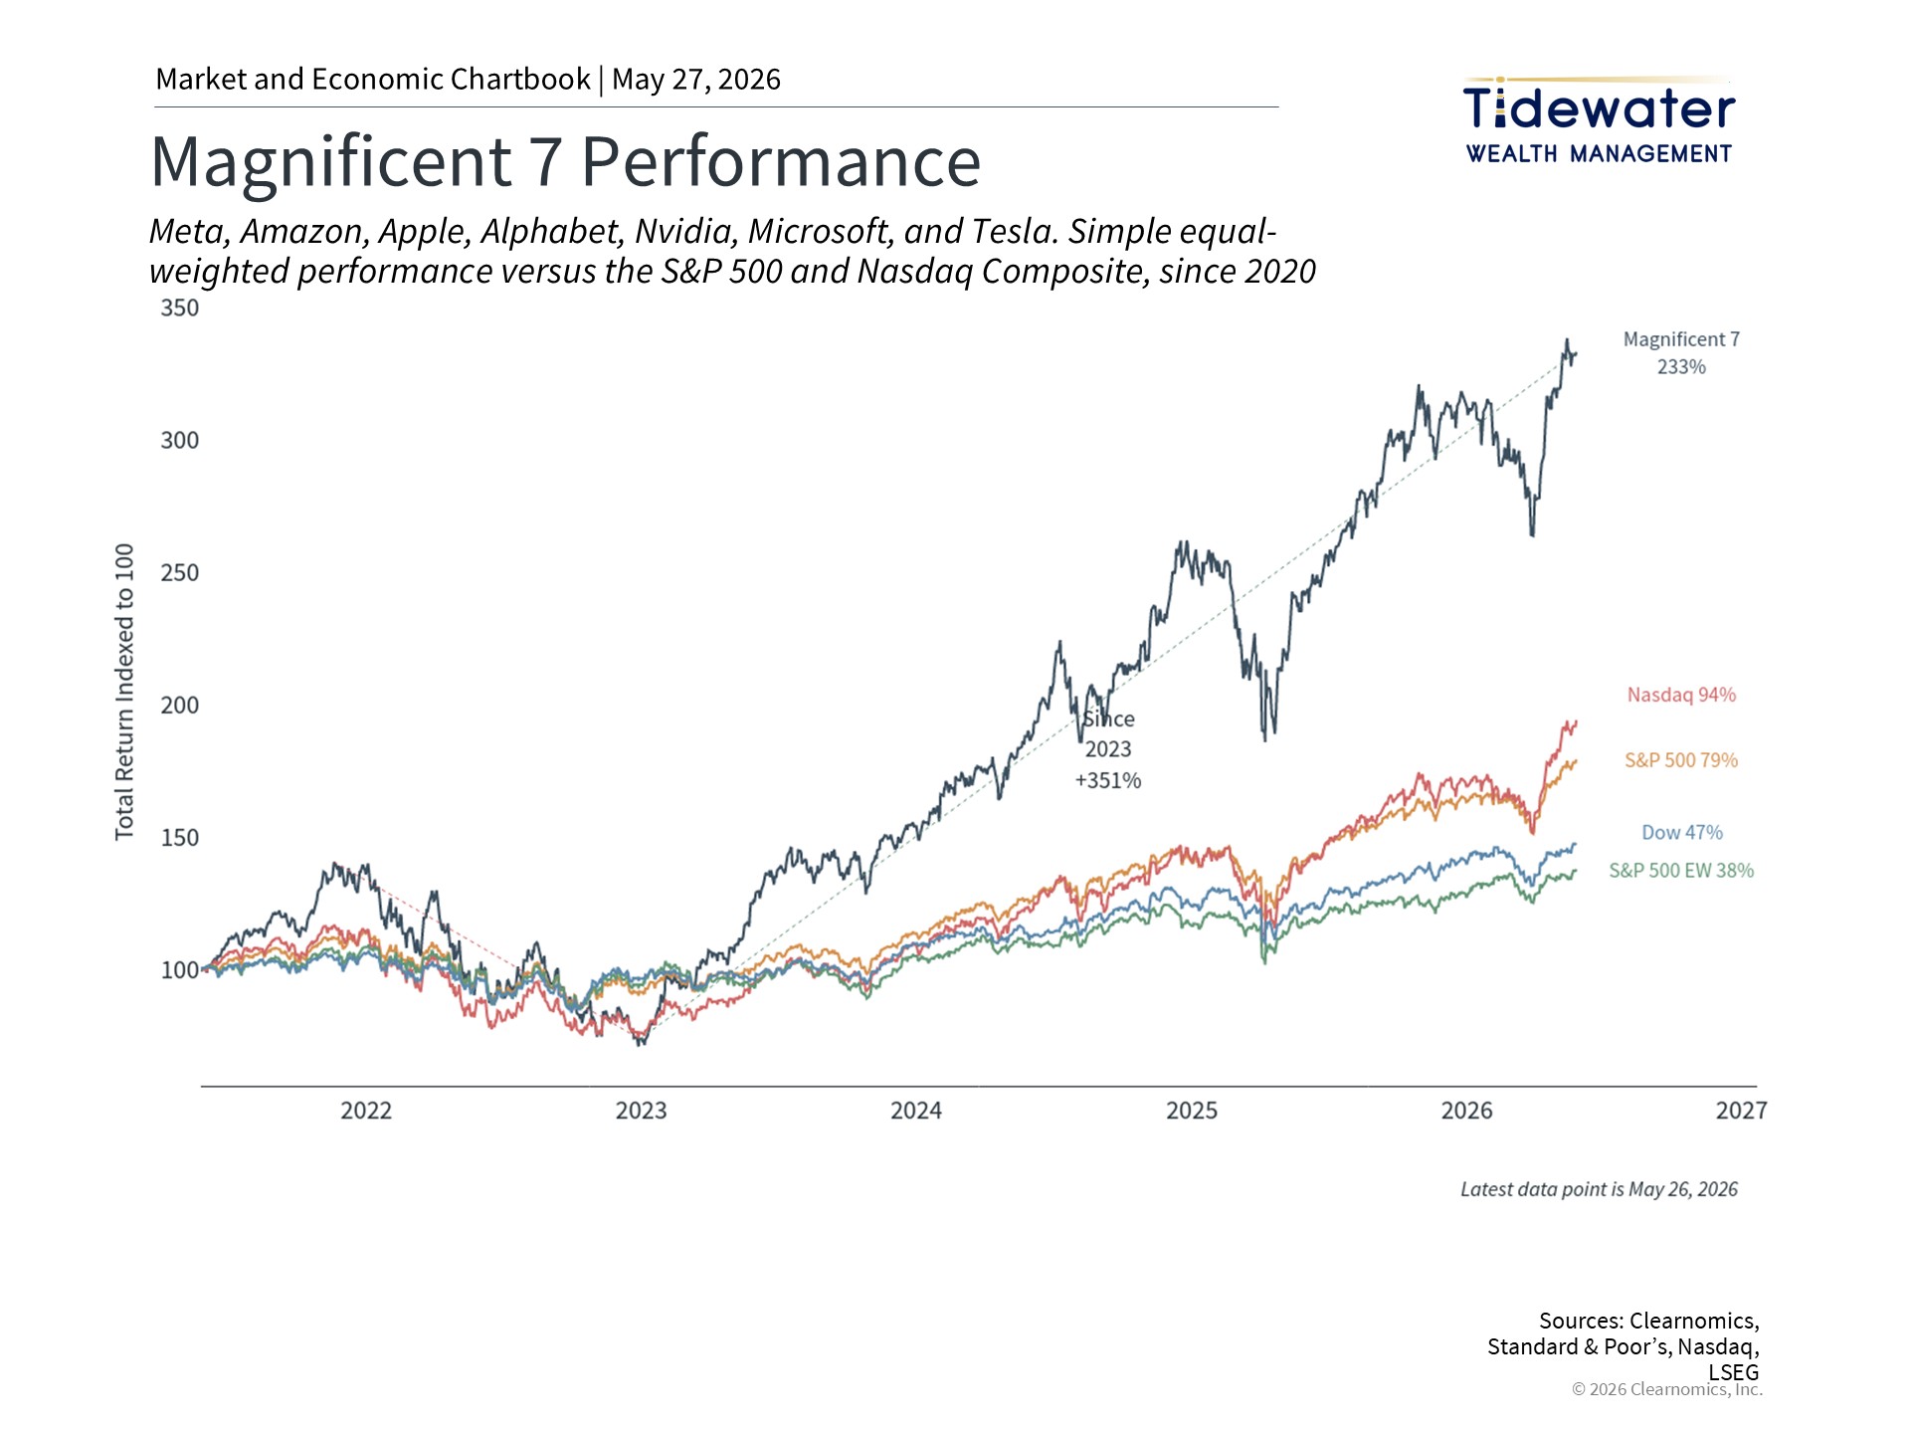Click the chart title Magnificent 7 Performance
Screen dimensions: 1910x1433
tap(565, 161)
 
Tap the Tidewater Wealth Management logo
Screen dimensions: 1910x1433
tap(1599, 120)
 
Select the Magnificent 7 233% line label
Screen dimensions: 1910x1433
tap(1681, 353)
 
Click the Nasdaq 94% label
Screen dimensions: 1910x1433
tap(1681, 695)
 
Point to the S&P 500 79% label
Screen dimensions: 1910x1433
tap(1681, 760)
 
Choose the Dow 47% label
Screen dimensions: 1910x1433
tap(1682, 832)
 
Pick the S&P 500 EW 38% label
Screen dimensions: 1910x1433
tap(1681, 871)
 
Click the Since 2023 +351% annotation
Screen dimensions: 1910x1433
tap(1108, 749)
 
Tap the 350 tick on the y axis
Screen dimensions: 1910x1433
tap(180, 308)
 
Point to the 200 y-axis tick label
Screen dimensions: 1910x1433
tap(180, 706)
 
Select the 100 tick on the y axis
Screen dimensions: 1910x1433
tap(180, 970)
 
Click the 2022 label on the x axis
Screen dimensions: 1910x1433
tap(366, 1111)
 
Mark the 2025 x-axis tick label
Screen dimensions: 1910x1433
tap(1192, 1111)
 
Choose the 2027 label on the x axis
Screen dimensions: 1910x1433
tap(1742, 1111)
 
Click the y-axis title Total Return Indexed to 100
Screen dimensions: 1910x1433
tap(124, 692)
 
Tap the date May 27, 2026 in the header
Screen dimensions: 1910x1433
tap(696, 80)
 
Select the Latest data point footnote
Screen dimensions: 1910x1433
tap(1599, 1189)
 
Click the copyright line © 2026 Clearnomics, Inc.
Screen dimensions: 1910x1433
tap(1667, 1389)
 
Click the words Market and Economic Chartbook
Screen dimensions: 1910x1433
tap(373, 80)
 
